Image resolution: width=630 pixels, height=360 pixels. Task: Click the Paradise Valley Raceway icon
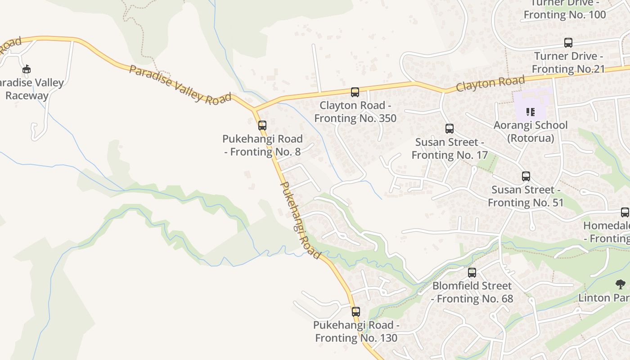27,69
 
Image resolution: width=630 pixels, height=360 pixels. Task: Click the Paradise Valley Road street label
180,85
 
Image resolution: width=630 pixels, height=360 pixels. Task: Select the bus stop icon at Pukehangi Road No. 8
262,126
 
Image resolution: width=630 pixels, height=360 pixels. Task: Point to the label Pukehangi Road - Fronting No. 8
263,145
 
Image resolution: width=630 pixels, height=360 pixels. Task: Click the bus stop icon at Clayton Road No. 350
355,92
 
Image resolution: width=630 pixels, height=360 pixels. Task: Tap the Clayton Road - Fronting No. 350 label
355,112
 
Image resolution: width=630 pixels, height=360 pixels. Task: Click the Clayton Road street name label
490,83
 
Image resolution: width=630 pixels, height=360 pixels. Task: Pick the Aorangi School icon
531,112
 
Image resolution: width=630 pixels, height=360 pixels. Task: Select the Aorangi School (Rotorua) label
531,131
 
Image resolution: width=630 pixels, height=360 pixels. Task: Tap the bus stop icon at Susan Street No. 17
449,129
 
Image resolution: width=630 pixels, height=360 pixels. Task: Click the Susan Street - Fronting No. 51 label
526,196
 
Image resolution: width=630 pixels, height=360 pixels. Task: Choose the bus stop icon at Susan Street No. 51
526,176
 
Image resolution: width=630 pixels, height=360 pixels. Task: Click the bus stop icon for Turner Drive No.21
568,43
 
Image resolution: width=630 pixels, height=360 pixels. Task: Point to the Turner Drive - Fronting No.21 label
568,63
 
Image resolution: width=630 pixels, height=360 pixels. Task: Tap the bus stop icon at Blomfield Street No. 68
472,272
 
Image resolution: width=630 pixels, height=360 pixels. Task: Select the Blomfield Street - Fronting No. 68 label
472,292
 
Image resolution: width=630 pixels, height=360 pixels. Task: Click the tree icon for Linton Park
621,284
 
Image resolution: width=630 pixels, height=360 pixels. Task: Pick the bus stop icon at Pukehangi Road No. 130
356,311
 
